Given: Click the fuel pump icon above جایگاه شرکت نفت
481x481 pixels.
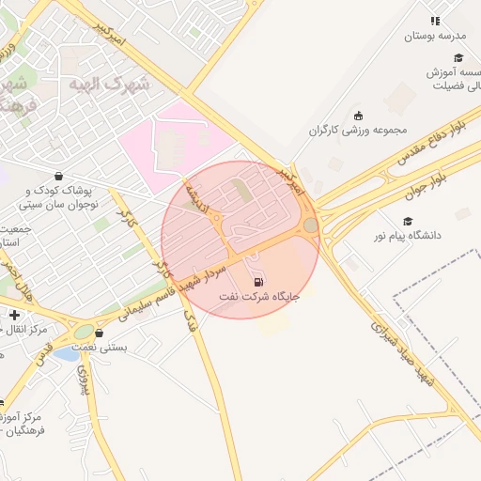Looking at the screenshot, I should (258, 281).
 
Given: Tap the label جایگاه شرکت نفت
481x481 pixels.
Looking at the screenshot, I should (259, 297).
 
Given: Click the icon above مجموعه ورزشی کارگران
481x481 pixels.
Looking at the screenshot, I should (357, 115).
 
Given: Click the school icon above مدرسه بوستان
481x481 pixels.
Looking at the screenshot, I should (434, 21).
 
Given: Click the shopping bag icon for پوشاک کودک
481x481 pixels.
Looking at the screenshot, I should (58, 176).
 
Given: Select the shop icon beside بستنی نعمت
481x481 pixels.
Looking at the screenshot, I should (99, 332).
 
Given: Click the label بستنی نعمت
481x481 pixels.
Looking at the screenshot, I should (132, 347).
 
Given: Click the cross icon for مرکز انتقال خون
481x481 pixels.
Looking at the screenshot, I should (14, 314).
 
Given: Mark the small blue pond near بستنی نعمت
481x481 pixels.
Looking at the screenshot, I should (66, 354).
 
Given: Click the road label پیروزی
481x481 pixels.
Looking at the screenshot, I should (83, 380).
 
